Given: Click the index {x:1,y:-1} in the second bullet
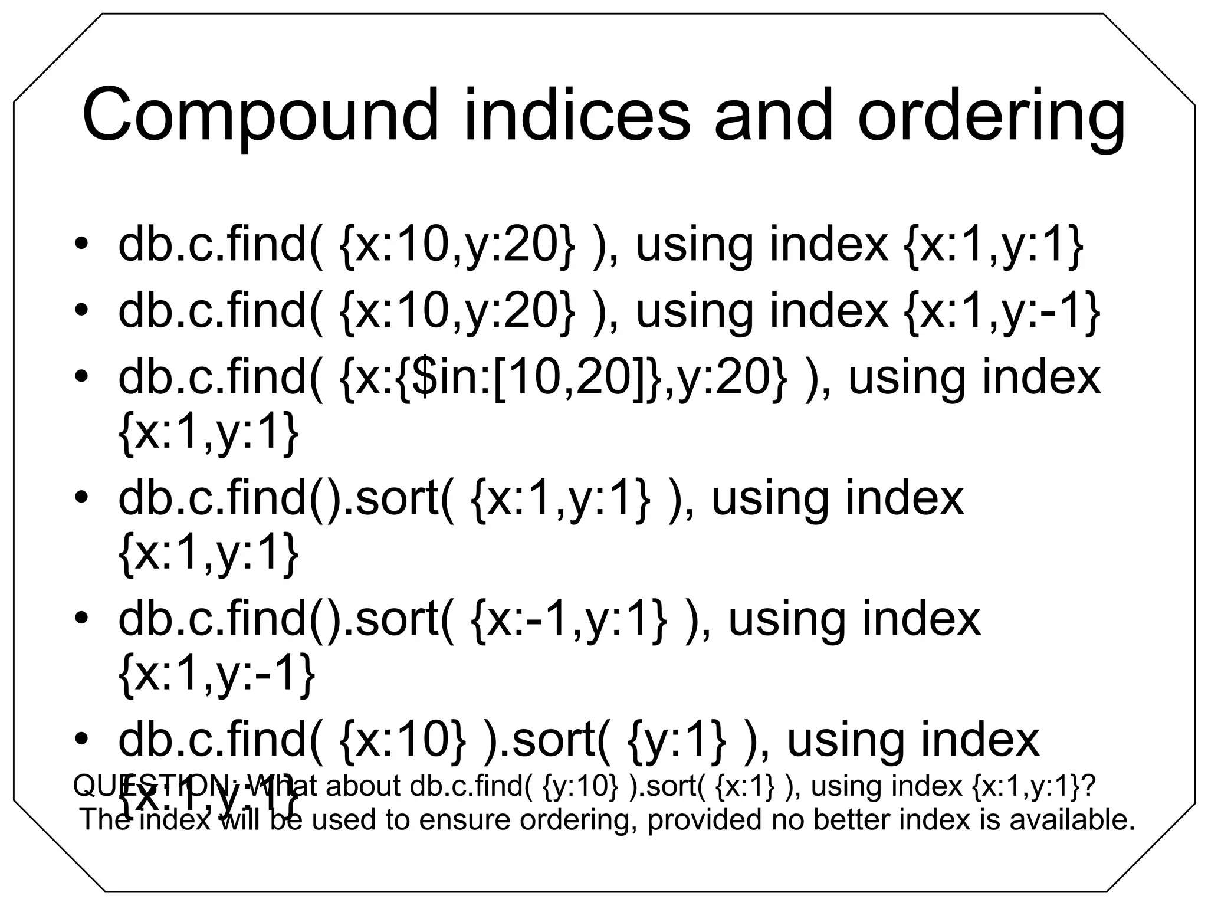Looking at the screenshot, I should (1002, 312).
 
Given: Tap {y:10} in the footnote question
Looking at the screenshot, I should (581, 787).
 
